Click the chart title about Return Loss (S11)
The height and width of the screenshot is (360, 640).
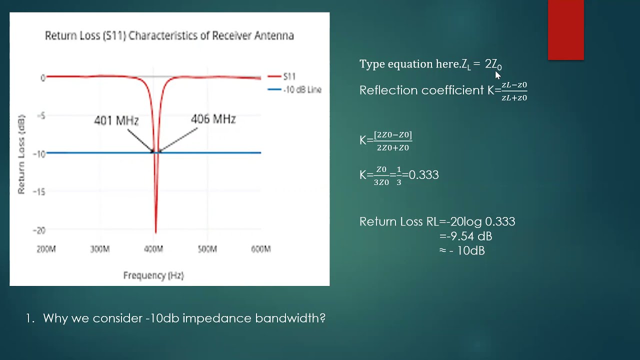pyautogui.click(x=169, y=35)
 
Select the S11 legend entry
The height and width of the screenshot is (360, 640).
pyautogui.click(x=289, y=76)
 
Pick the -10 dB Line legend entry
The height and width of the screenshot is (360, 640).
pyautogui.click(x=302, y=90)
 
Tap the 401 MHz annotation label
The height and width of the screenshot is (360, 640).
pyautogui.click(x=116, y=120)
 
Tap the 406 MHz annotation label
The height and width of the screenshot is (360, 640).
pyautogui.click(x=213, y=119)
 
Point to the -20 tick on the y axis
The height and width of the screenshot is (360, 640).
pyautogui.click(x=39, y=230)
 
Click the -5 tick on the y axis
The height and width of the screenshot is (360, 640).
pyautogui.click(x=41, y=116)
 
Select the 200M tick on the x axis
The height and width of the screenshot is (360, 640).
pyautogui.click(x=46, y=249)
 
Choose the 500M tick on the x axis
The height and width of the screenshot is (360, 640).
pyautogui.click(x=207, y=249)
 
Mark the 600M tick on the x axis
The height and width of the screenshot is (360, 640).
pyautogui.click(x=260, y=249)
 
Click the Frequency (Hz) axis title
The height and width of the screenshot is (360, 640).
pyautogui.click(x=153, y=275)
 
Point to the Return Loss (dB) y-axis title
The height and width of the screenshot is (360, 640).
pyautogui.click(x=21, y=154)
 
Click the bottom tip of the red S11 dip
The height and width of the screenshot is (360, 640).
pyautogui.click(x=155, y=232)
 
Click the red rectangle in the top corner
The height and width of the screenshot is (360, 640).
pyautogui.click(x=565, y=30)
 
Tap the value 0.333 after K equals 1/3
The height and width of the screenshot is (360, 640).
pyautogui.click(x=423, y=175)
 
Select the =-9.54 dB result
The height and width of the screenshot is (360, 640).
pyautogui.click(x=465, y=236)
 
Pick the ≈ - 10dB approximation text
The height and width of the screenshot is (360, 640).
pyautogui.click(x=462, y=250)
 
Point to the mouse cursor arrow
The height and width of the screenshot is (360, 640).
pyautogui.click(x=497, y=75)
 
